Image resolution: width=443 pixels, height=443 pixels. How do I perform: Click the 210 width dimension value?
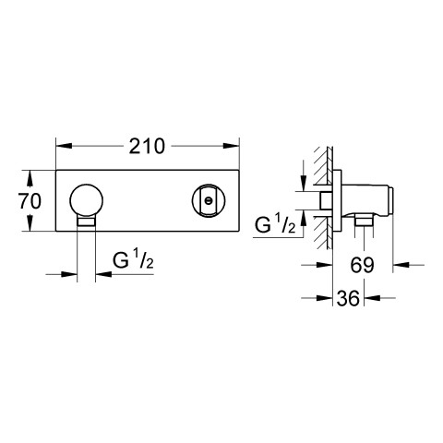(x=147, y=146)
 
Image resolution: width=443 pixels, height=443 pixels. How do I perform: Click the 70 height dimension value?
(x=30, y=201)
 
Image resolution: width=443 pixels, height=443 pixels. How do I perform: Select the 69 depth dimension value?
(x=362, y=265)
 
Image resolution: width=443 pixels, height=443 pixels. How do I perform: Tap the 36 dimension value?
(x=348, y=298)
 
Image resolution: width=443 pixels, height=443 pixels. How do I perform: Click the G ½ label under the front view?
(x=133, y=261)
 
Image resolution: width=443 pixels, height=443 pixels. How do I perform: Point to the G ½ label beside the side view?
(x=275, y=224)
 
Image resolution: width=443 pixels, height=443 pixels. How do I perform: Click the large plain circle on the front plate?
(x=87, y=200)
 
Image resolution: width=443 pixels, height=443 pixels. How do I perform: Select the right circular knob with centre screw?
(x=209, y=200)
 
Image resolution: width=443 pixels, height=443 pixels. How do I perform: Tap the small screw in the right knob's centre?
(x=209, y=201)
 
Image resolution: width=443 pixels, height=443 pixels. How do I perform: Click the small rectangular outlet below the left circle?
(x=87, y=221)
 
